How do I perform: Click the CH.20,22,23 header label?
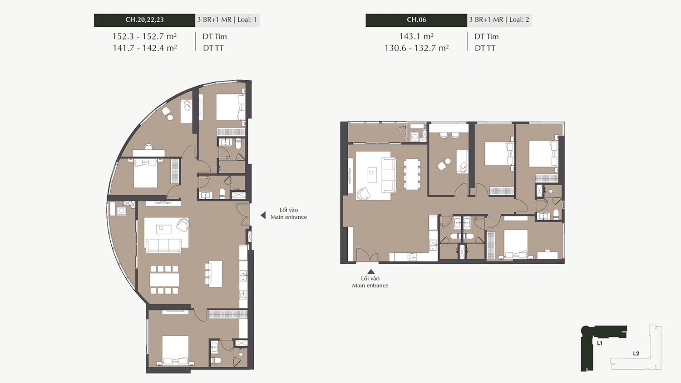144,20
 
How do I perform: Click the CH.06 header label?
416,20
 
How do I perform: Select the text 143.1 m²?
416,36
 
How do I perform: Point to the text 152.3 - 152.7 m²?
144,36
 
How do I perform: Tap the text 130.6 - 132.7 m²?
416,48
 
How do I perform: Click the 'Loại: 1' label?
247,20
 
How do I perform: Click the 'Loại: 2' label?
519,20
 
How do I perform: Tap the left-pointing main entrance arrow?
263,215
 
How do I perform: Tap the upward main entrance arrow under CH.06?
371,272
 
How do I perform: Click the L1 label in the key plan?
600,343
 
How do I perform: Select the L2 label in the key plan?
636,354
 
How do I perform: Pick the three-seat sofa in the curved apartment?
163,246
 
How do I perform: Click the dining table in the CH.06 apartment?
412,174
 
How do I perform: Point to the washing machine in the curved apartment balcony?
122,211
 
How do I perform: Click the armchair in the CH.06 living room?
364,194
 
